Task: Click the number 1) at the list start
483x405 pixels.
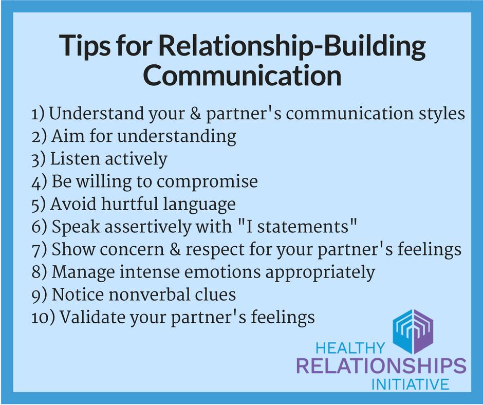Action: (x=38, y=114)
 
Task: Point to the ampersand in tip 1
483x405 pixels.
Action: (x=195, y=113)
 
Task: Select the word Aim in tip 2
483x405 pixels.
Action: (x=68, y=136)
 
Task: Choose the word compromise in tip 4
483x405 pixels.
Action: (x=207, y=182)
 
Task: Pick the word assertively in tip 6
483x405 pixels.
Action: (x=148, y=227)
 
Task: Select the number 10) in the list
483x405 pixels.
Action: (x=43, y=317)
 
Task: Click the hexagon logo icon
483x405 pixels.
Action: (x=413, y=332)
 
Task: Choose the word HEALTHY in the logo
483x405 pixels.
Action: (x=350, y=348)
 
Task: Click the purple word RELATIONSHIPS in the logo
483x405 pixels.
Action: (x=381, y=366)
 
